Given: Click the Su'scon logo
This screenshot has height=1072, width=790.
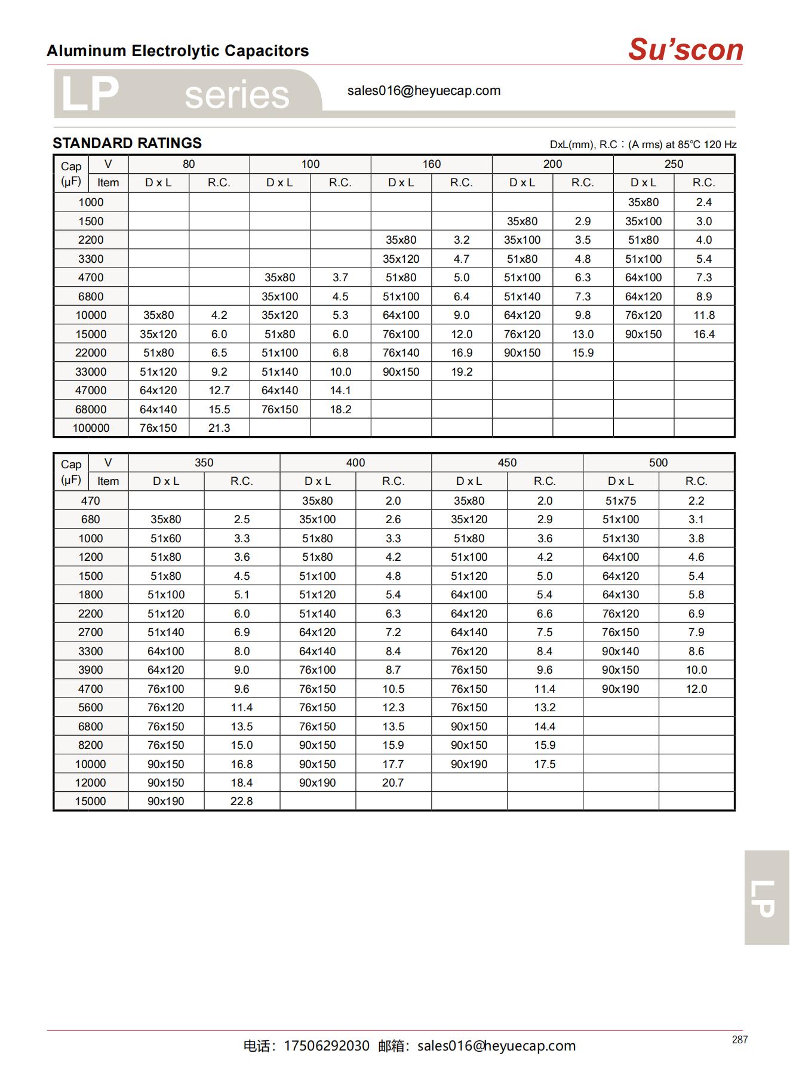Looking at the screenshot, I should (685, 50).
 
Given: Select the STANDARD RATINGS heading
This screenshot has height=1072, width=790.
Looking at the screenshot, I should (127, 143).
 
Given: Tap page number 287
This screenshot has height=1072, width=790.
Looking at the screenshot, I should (739, 1040).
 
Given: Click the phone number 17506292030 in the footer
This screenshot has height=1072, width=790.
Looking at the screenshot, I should (327, 1046).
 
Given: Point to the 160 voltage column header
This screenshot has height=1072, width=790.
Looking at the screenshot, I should (431, 164).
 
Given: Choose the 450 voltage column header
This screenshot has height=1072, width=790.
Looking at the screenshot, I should (507, 463).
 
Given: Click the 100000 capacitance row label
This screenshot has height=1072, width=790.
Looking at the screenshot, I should (91, 428).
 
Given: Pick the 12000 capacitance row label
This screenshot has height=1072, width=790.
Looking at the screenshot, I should (91, 783).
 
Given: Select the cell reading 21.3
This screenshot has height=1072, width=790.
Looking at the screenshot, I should (219, 428).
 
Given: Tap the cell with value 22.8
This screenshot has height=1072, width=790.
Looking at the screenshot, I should (242, 801).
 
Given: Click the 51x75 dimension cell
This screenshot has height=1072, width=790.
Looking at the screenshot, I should (620, 501).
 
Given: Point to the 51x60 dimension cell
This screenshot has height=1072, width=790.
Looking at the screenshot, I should (166, 539).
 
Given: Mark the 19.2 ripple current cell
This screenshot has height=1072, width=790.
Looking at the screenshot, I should (462, 372).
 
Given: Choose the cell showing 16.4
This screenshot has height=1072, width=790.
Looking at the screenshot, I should (704, 334).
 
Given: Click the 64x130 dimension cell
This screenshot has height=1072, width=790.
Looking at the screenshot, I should (620, 595).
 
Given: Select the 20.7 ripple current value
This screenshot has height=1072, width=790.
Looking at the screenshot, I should (393, 783).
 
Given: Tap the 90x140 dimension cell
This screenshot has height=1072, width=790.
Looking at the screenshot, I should (620, 652).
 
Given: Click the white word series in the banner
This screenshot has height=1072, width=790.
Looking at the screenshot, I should (237, 96).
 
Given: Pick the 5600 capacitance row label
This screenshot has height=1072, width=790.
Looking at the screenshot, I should (91, 708).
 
